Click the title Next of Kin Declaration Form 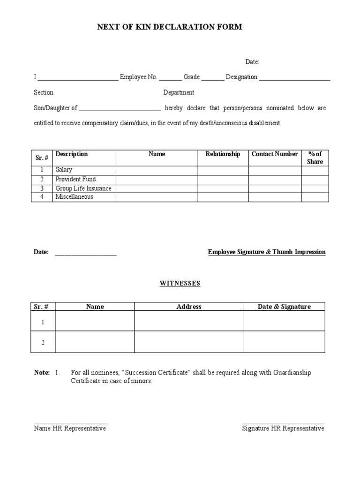click(169, 27)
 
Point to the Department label click(179, 93)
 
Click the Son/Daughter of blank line click(120, 111)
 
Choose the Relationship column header click(223, 154)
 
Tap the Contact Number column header click(275, 154)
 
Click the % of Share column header click(315, 157)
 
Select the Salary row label click(64, 170)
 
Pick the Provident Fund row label click(75, 179)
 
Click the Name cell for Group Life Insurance click(157, 188)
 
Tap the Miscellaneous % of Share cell click(315, 197)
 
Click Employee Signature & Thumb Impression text click(267, 252)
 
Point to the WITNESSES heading click(180, 284)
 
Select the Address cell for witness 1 click(188, 321)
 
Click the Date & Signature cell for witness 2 click(284, 342)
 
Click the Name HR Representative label click(70, 428)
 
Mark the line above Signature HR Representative click(283, 423)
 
